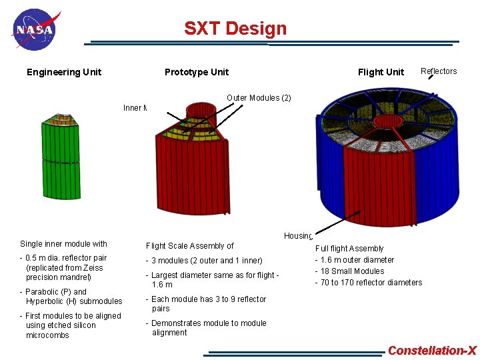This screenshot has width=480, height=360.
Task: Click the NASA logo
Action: (35, 29)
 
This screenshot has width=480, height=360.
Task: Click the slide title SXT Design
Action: (235, 29)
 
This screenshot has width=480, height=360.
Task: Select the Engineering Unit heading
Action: (64, 72)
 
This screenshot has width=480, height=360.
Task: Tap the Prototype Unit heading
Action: (197, 72)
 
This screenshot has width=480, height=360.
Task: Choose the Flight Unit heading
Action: (381, 72)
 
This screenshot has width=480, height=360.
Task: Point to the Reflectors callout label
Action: (439, 71)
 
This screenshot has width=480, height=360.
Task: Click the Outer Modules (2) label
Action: (259, 98)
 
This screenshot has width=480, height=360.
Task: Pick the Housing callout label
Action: (298, 236)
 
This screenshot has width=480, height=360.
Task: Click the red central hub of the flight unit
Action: (387, 121)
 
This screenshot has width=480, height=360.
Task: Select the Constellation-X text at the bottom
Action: (432, 351)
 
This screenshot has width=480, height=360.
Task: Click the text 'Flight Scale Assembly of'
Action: (190, 246)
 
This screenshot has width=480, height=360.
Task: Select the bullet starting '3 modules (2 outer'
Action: (207, 261)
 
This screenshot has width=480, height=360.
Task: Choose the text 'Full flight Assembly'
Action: (349, 249)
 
